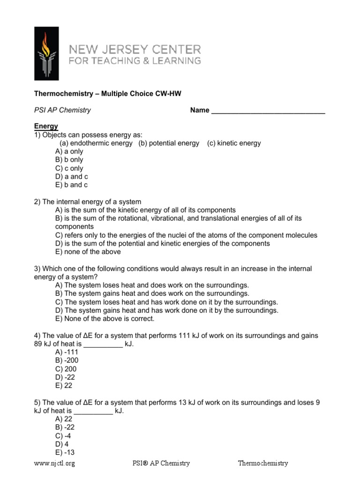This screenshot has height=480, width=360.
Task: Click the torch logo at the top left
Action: [x=46, y=53]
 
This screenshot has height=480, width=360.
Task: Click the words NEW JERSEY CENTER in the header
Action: [x=135, y=49]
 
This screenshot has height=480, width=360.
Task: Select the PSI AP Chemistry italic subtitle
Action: [x=62, y=110]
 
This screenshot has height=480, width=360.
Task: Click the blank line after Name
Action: [x=268, y=111]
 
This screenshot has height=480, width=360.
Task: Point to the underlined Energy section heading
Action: [x=46, y=126]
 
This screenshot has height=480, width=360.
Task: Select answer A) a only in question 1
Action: [x=69, y=151]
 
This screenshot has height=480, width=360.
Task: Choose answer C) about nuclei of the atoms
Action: [x=186, y=235]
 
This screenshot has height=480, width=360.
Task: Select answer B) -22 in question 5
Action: [x=65, y=427]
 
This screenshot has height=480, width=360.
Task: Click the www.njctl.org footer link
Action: [x=54, y=463]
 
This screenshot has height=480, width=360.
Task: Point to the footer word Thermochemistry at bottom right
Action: [x=262, y=463]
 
